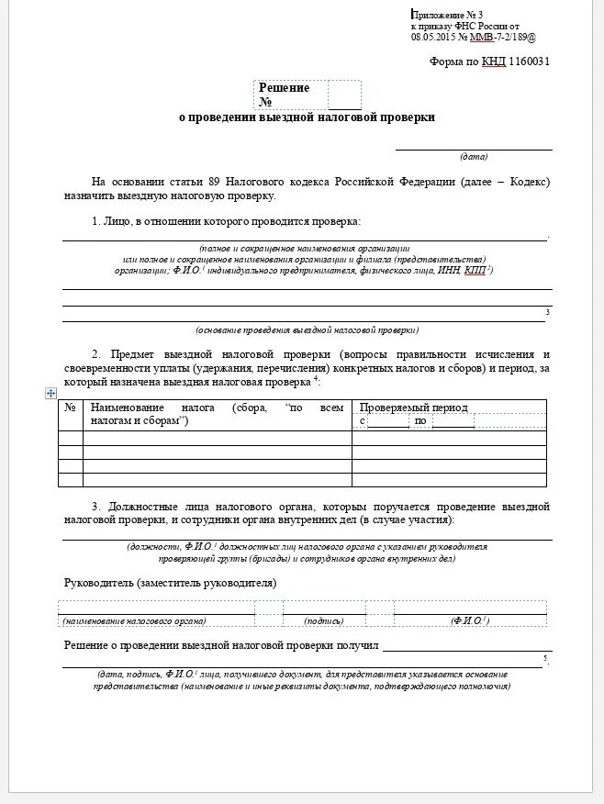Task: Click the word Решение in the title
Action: click(x=284, y=88)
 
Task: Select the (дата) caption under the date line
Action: click(x=474, y=156)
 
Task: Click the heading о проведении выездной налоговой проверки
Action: click(x=307, y=118)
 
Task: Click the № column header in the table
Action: click(x=70, y=408)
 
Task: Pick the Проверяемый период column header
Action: click(x=413, y=408)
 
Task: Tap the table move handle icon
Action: click(x=51, y=393)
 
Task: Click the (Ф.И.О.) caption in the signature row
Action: click(x=469, y=621)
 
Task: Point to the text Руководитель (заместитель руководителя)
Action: click(x=170, y=583)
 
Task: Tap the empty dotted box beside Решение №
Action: click(x=344, y=95)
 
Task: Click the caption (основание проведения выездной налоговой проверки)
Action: click(x=307, y=329)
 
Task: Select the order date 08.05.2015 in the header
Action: click(x=433, y=38)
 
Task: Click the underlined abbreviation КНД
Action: click(x=494, y=61)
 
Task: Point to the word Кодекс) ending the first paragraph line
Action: click(x=528, y=182)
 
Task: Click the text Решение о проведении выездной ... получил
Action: click(x=221, y=646)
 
